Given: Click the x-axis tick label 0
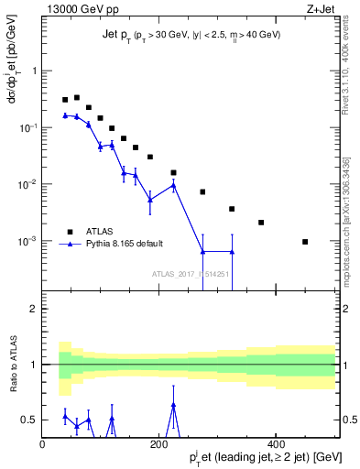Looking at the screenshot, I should coord(43,444).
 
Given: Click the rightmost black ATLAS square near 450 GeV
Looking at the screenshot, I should coord(305,242).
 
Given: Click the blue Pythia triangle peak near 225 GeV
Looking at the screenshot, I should coord(173,185).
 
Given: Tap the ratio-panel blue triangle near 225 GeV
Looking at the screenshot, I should coord(173,405).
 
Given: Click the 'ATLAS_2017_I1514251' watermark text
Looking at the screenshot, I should coord(190,273).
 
